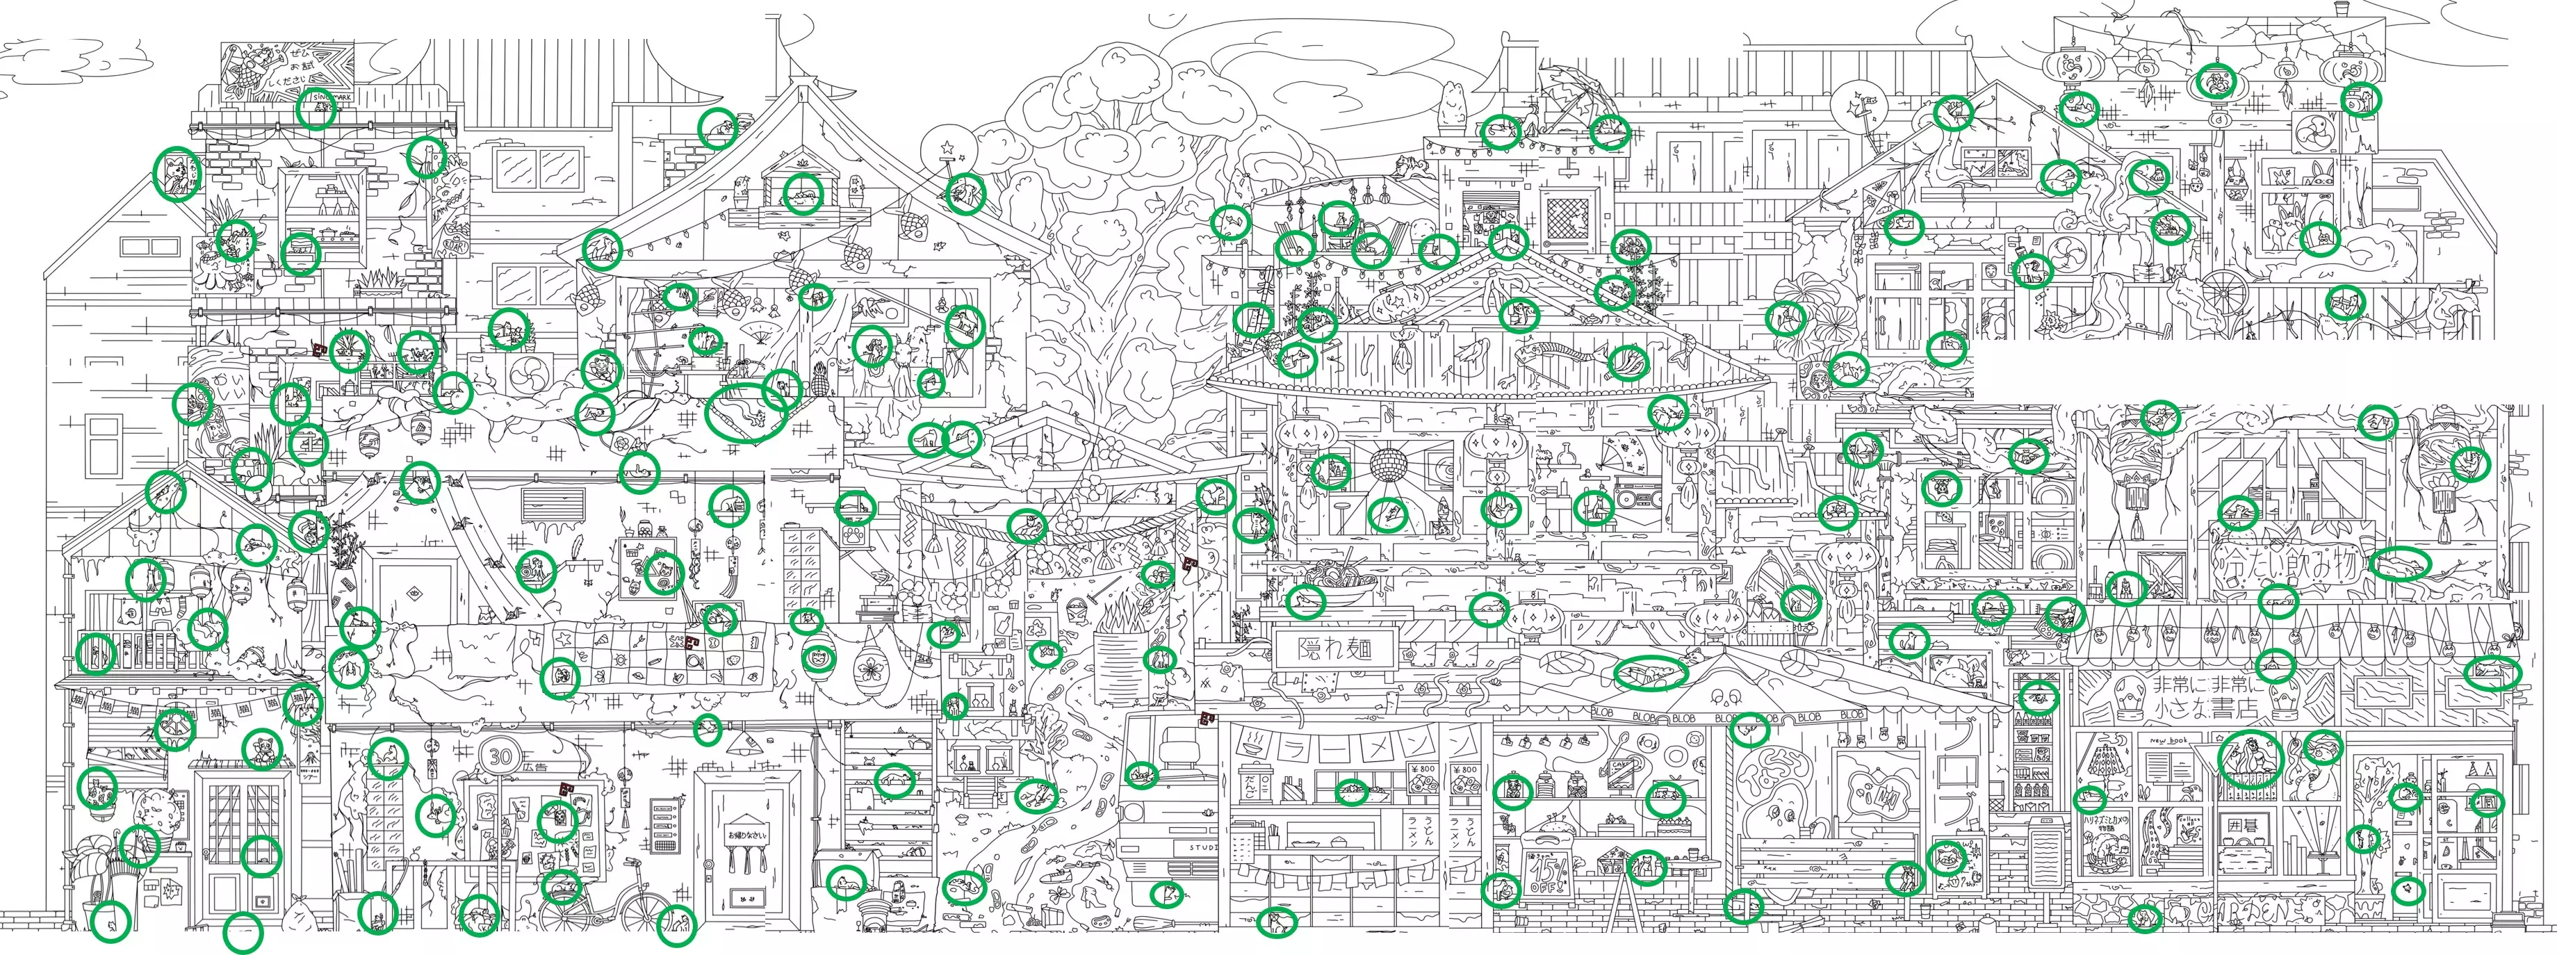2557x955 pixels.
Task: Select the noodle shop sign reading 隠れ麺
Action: coord(1335,651)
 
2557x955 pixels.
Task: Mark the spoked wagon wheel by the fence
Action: coord(2223,292)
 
